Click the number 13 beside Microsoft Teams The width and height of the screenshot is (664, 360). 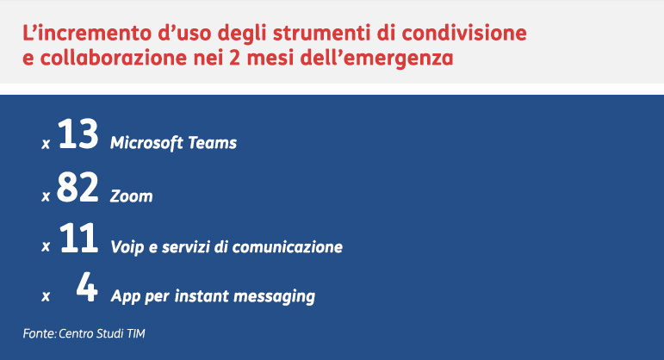(78, 133)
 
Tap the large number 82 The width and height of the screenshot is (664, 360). (78, 187)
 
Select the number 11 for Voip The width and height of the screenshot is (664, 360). (78, 238)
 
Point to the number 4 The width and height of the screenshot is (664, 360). (87, 287)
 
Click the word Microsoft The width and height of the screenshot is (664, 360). (146, 143)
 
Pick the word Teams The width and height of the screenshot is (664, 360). (212, 143)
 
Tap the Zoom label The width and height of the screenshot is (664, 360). (131, 196)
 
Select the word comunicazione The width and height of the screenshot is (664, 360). (287, 246)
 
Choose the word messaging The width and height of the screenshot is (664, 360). (274, 296)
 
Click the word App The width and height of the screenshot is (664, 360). (126, 296)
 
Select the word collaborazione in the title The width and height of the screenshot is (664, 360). (114, 58)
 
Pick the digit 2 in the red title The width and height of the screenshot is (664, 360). (234, 58)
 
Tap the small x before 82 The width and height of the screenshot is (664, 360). (46, 196)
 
